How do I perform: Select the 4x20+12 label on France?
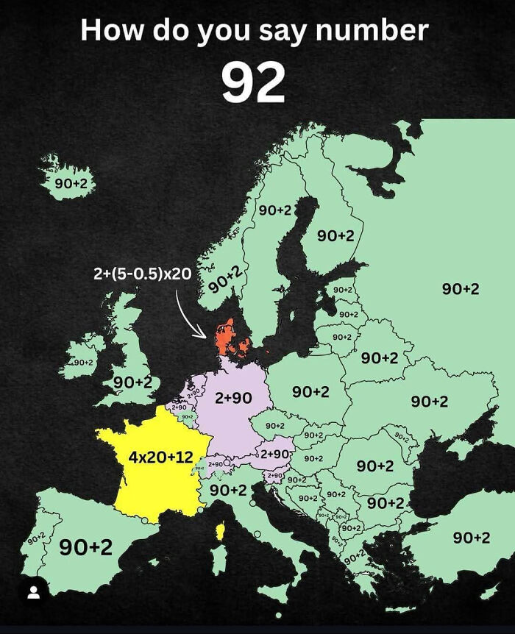(x=160, y=457)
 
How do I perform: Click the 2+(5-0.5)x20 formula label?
(x=142, y=274)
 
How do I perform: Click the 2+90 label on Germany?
(x=233, y=397)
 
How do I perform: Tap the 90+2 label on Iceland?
(x=70, y=182)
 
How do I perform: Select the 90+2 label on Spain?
(x=86, y=546)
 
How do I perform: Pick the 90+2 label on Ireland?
(x=82, y=362)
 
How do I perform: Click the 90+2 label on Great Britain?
(x=132, y=382)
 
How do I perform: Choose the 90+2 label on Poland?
(x=310, y=392)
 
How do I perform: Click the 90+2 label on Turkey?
(x=472, y=538)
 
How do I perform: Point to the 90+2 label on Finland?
(x=335, y=235)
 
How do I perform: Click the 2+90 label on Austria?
(x=274, y=454)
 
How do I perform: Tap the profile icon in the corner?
(x=33, y=593)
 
